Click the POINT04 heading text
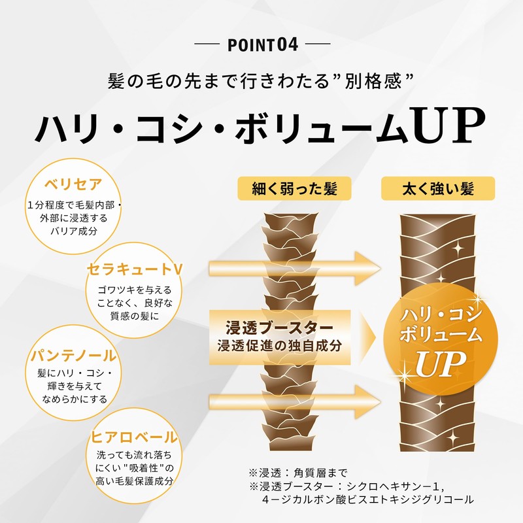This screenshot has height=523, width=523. click(263, 45)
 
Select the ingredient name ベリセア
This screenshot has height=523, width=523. click(73, 184)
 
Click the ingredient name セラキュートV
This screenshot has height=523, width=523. click(135, 269)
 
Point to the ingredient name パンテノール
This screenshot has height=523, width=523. click(73, 355)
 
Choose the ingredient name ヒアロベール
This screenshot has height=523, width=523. click(134, 437)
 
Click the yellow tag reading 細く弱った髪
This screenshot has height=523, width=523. click(294, 188)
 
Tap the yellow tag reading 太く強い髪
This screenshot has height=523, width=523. click(438, 188)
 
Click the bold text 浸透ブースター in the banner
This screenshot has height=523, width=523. click(280, 328)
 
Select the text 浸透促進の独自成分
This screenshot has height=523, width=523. click(280, 346)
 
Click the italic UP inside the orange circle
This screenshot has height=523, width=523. click(440, 363)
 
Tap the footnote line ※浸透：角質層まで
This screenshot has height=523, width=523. click(298, 472)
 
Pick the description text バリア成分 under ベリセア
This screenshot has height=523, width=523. click(74, 231)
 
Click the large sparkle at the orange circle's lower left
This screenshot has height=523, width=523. click(405, 377)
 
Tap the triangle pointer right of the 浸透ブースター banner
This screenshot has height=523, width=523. click(368, 337)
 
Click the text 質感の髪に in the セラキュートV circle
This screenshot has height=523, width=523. click(135, 316)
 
